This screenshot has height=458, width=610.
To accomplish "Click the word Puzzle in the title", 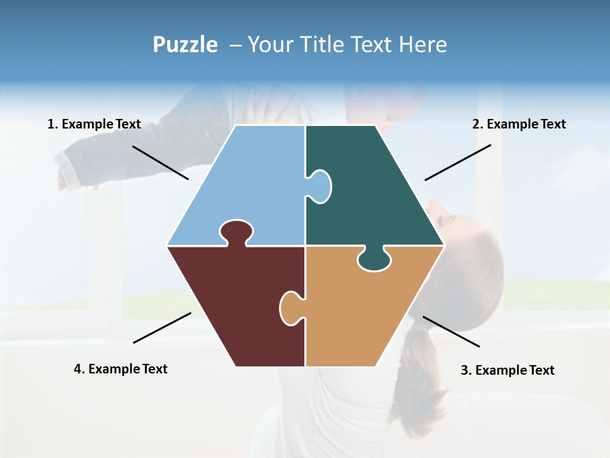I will (185, 45).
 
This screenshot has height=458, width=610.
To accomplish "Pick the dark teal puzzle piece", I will (375, 191).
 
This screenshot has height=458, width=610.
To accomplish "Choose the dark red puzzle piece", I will (235, 305).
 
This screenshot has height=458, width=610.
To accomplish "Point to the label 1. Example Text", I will (94, 125).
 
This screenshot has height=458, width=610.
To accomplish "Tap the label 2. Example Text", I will (518, 125).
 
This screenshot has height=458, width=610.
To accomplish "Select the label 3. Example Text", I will (507, 370).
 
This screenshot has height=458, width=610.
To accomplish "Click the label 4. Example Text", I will (121, 369).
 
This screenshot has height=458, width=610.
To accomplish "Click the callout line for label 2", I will (457, 162).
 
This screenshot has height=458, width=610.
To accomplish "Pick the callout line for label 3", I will (451, 331).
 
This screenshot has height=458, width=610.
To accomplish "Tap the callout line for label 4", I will (162, 328).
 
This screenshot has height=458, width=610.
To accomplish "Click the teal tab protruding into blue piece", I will (320, 186).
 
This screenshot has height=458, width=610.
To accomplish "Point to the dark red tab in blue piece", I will (236, 232).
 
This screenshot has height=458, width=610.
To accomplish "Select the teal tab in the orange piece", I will (375, 260).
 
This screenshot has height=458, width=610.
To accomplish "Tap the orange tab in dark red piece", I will (290, 309).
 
